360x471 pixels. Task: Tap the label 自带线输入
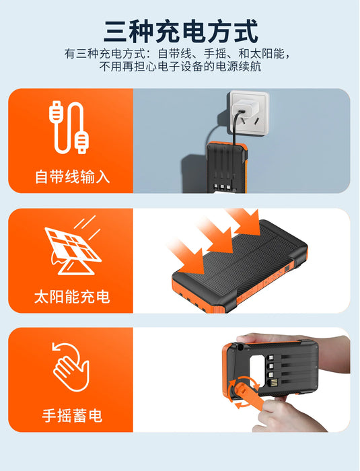[x=72, y=178]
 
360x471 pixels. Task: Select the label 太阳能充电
[x=72, y=297]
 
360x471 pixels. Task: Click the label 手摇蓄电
[x=72, y=416]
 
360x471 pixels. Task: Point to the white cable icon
[x=69, y=127]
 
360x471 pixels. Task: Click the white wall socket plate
[x=246, y=112]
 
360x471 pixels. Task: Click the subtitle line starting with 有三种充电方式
[x=180, y=53]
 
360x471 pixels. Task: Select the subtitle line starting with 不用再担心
[x=180, y=67]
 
